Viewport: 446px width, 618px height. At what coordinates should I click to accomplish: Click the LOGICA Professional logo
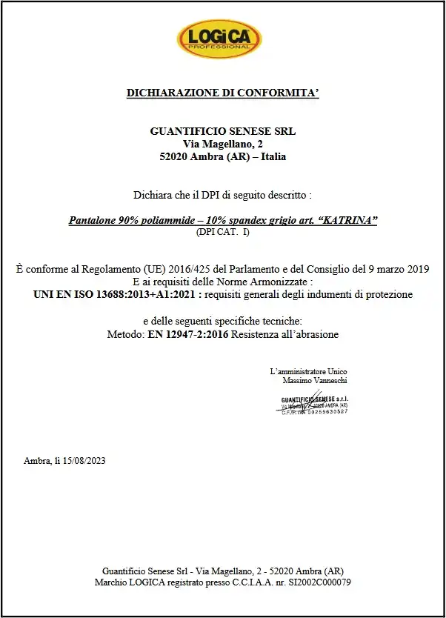[x=219, y=39]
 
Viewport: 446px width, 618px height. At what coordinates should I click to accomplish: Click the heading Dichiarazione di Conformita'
[x=222, y=93]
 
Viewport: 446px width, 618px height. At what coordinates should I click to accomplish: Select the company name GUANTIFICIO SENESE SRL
[x=222, y=131]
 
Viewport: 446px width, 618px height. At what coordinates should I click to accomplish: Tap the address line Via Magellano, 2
[x=222, y=144]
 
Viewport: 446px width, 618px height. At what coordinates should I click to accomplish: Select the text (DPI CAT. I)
[x=222, y=232]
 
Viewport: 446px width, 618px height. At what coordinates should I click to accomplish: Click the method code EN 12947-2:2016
[x=188, y=335]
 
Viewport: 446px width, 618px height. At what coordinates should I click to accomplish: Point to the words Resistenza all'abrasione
[x=285, y=335]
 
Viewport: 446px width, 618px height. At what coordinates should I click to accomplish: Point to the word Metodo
[x=125, y=335]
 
